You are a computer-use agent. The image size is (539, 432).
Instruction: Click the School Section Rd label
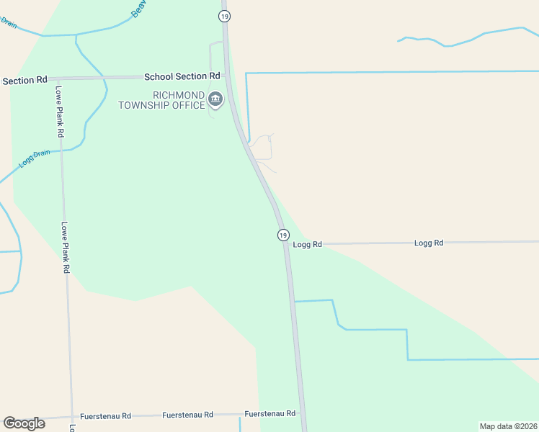(182, 76)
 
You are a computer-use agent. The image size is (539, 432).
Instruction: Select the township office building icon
(215, 99)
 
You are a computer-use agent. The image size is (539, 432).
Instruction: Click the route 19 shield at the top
(226, 16)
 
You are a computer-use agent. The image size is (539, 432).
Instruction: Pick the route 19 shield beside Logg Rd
(283, 235)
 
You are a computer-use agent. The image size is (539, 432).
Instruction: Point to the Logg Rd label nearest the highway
(308, 245)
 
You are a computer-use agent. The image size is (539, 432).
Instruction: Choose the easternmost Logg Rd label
(428, 243)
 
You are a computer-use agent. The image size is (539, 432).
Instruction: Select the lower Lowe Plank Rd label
(65, 247)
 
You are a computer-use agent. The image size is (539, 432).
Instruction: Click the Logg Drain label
(35, 158)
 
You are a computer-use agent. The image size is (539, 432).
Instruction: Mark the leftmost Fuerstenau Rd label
(107, 416)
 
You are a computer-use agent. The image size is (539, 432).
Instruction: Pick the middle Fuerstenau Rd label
(188, 415)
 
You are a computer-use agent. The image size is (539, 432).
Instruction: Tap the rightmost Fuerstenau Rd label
(270, 414)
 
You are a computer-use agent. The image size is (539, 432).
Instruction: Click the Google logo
(24, 423)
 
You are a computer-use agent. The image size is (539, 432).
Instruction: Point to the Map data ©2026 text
(508, 426)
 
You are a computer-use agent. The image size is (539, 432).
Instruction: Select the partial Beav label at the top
(138, 9)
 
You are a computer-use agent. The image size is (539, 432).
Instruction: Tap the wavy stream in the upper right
(461, 39)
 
